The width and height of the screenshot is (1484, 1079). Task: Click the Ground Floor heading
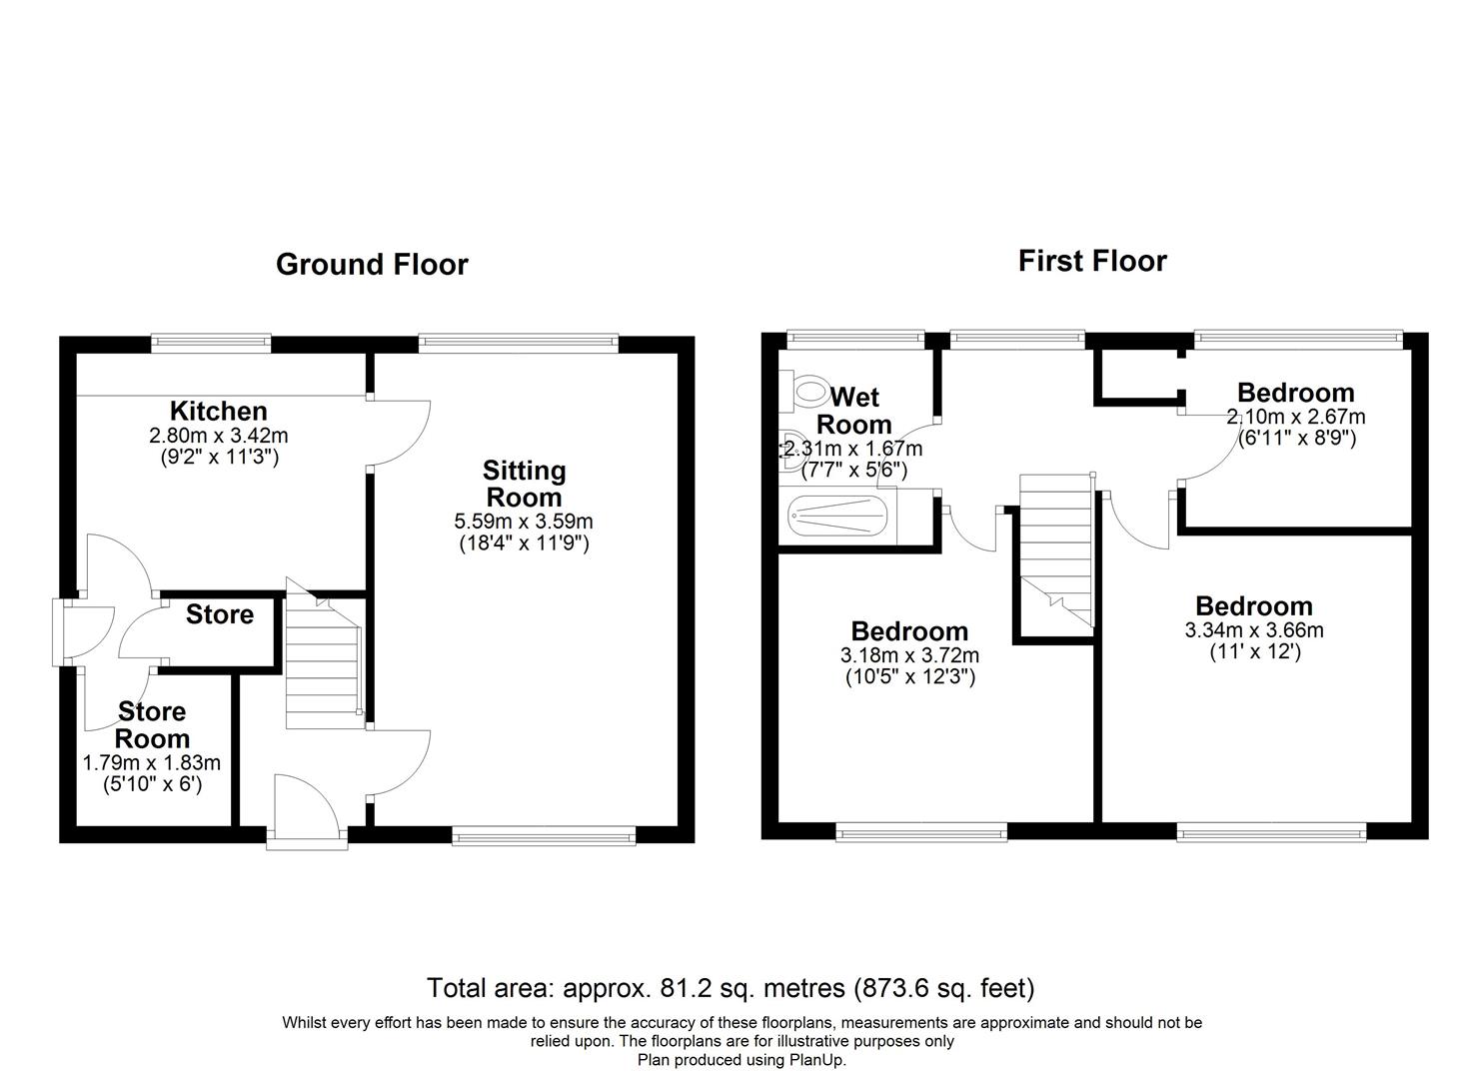(x=372, y=265)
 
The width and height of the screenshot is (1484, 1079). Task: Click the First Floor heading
(x=1091, y=261)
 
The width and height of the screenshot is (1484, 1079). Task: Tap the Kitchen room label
(x=218, y=411)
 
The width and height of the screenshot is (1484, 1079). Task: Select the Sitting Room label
(x=524, y=484)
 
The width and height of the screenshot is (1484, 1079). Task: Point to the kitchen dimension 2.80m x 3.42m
(x=218, y=436)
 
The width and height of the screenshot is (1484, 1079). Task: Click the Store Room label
(x=152, y=725)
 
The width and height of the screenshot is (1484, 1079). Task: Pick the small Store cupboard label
(x=219, y=614)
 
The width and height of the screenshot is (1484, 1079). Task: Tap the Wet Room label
(x=853, y=411)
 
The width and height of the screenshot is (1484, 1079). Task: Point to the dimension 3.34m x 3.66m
(x=1253, y=630)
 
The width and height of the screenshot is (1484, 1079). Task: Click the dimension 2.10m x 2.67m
(x=1295, y=417)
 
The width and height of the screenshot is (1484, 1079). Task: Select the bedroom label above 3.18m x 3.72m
(x=909, y=631)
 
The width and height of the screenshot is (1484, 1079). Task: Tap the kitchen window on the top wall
(x=211, y=343)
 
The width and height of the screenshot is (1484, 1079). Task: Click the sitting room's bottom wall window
(x=544, y=836)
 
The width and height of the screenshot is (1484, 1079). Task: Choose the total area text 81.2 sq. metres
(x=730, y=988)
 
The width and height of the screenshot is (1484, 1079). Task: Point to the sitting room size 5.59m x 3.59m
(x=524, y=521)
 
